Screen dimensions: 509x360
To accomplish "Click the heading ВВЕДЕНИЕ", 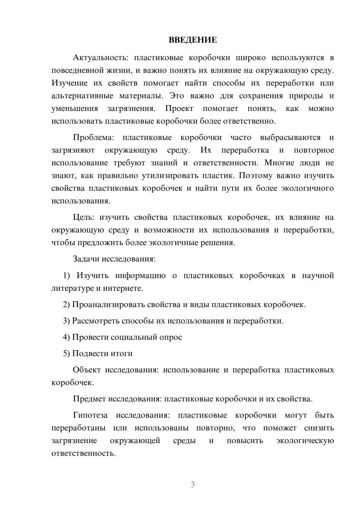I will point(193,40).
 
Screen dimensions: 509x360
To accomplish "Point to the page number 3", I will point(193,485).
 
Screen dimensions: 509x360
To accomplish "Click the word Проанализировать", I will point(108,305).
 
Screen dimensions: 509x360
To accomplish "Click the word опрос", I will point(170,337).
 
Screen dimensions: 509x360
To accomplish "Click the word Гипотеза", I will point(90,415).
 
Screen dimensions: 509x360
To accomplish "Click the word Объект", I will point(86,370).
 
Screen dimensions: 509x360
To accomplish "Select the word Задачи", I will point(86,259).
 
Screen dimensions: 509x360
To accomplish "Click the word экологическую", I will point(305,441).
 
